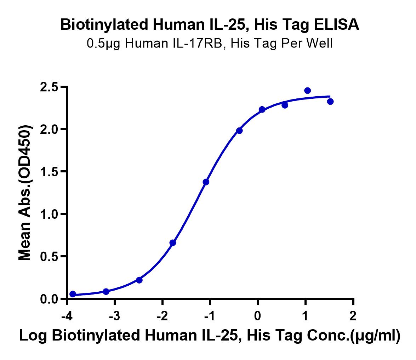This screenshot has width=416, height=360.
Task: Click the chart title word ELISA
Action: (x=337, y=24)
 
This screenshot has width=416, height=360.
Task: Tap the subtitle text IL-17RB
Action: (x=200, y=43)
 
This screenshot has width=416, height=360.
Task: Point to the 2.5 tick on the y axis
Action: (x=64, y=86)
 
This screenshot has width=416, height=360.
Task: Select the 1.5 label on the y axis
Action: (x=49, y=172)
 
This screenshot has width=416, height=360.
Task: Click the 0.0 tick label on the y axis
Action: (x=49, y=299)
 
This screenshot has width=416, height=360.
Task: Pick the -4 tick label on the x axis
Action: (x=67, y=316)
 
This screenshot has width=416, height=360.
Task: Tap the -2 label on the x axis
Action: (x=162, y=316)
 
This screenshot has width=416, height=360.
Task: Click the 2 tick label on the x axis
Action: (x=353, y=316)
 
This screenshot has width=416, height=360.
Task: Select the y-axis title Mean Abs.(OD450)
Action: (x=25, y=193)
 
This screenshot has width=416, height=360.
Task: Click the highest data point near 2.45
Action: (x=308, y=91)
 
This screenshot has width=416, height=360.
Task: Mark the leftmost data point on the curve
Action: (x=73, y=294)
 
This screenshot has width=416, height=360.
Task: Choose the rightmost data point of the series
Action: (x=330, y=101)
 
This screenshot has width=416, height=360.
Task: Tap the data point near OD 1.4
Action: (x=206, y=182)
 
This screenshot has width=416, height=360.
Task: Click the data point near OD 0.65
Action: (x=173, y=242)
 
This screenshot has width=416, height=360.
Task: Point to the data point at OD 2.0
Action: (x=239, y=131)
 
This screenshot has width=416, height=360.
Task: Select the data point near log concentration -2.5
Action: (x=139, y=280)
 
